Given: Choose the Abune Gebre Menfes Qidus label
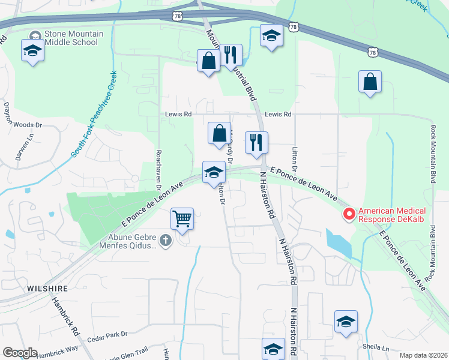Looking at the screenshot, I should click(125, 241).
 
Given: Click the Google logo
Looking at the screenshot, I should click(20, 353).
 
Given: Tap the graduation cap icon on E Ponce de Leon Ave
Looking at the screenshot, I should click(214, 173).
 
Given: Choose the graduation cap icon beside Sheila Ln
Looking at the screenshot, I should click(346, 322).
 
